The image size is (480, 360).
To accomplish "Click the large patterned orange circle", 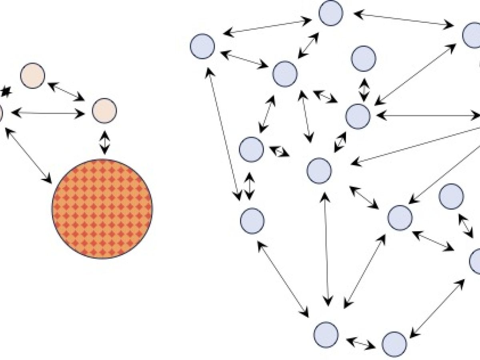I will (x=102, y=208).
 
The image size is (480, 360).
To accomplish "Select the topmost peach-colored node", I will (x=33, y=76).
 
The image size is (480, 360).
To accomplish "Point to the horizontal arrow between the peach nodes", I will (x=48, y=114).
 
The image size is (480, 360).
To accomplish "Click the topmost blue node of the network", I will (x=331, y=13).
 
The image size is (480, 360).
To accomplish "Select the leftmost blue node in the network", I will (x=202, y=46).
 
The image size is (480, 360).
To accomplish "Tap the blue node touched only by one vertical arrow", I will (x=364, y=58).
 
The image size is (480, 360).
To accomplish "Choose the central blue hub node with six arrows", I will (x=319, y=171).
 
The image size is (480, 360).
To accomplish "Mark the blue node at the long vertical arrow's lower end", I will (x=326, y=334).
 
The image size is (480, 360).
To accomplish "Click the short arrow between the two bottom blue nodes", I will (x=361, y=343).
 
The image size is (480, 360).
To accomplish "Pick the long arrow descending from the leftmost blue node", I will (x=224, y=134).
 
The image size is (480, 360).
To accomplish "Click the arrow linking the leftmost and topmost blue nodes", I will (x=267, y=26).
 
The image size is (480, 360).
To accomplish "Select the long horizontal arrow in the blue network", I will (x=428, y=116).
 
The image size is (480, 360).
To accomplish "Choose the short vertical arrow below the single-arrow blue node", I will (x=364, y=90).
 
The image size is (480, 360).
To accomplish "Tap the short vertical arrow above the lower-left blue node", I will (x=250, y=186).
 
